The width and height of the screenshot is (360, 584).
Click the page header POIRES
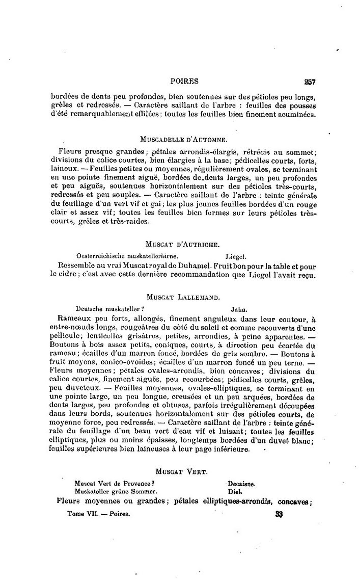coord(184,81)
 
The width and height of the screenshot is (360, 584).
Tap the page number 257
coord(310,81)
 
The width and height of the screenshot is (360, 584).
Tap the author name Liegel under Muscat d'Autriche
coord(236,255)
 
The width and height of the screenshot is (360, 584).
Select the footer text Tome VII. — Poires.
coord(99,514)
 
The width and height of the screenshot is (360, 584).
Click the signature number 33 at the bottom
coord(279,514)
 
